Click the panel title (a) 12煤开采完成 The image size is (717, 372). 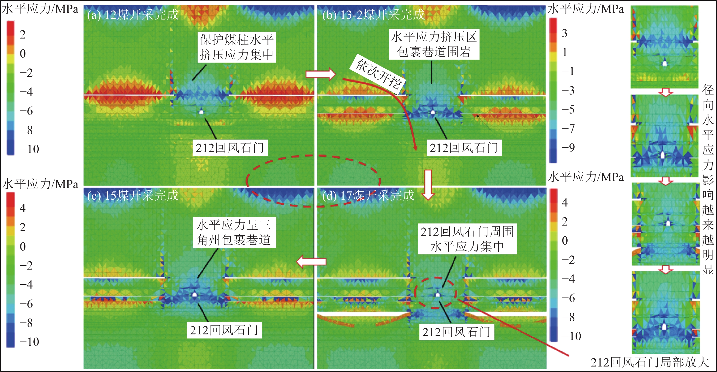pyautogui.click(x=132, y=14)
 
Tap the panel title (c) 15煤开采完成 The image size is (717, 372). pyautogui.click(x=132, y=195)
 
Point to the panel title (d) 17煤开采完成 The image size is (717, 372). pyautogui.click(x=368, y=195)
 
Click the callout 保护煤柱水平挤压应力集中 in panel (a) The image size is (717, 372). pyautogui.click(x=237, y=47)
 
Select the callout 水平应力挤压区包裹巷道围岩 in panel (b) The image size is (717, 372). pyautogui.click(x=434, y=44)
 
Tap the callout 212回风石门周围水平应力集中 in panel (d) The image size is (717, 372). pyautogui.click(x=467, y=239)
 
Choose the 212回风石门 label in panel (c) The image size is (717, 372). pyautogui.click(x=224, y=330)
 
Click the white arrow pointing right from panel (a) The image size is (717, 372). pyautogui.click(x=321, y=74)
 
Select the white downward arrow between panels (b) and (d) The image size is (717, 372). pyautogui.click(x=428, y=185)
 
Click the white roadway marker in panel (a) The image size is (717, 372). pyautogui.click(x=201, y=112)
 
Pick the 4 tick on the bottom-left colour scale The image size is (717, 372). pyautogui.click(x=22, y=208)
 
